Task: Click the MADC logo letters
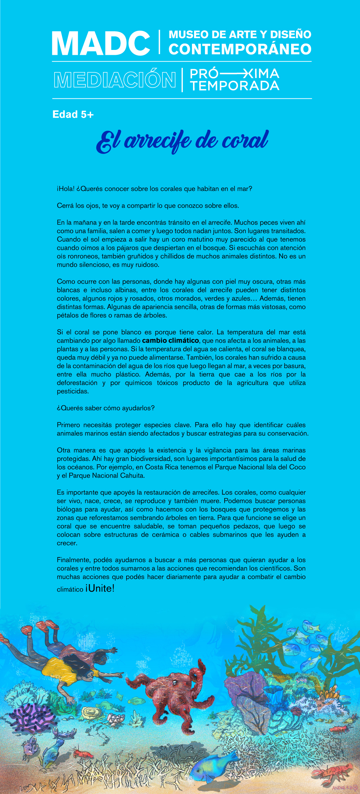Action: (101, 43)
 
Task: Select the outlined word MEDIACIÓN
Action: (115, 80)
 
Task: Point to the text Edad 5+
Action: (73, 115)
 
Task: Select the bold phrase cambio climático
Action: (171, 341)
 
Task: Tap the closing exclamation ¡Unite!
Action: (100, 588)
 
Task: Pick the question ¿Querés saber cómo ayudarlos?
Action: (105, 408)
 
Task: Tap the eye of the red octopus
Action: (174, 682)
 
